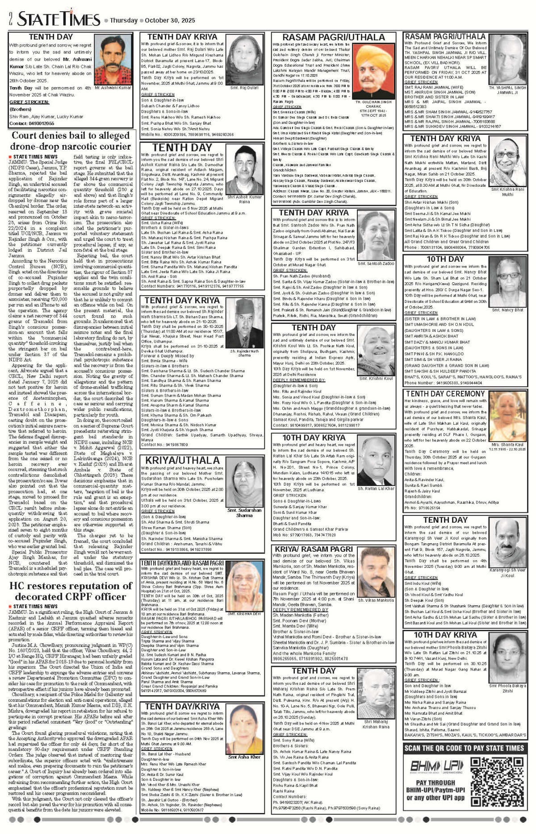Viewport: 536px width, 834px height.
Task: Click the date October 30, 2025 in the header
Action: pyautogui.click(x=170, y=21)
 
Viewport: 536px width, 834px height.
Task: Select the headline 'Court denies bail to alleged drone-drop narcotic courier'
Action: pyautogui.click(x=71, y=141)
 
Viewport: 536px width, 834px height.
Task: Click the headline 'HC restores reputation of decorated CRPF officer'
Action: pyautogui.click(x=71, y=591)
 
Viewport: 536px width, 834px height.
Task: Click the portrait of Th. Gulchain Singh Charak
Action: pyautogui.click(x=373, y=71)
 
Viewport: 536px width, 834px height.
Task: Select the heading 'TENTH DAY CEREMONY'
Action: pyautogui.click(x=444, y=394)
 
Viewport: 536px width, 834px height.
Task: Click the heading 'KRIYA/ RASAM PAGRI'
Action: pyautogui.click(x=314, y=549)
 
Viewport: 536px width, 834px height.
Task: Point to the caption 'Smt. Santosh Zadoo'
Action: pyautogui.click(x=376, y=264)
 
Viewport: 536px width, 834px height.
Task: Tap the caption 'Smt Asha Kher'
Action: pyautogui.click(x=244, y=757)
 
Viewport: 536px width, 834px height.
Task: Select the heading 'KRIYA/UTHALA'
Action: pyautogui.click(x=182, y=460)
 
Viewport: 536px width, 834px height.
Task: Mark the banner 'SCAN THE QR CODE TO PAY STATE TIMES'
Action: pyautogui.click(x=464, y=748)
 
